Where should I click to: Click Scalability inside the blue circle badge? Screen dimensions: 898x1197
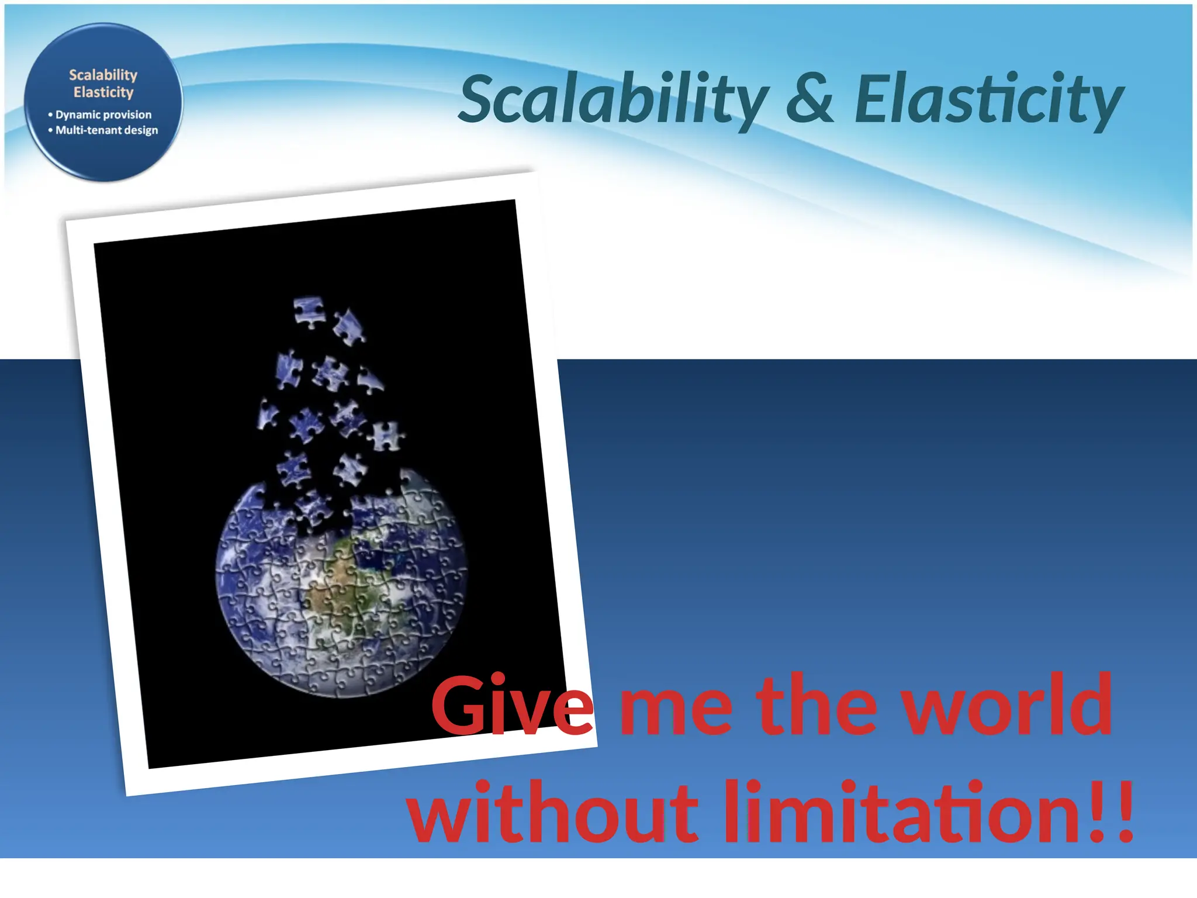click(x=103, y=75)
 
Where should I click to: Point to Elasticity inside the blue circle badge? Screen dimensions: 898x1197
click(x=103, y=92)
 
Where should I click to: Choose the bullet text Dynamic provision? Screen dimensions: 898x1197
click(x=103, y=115)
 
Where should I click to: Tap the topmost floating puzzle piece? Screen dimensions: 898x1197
click(x=309, y=311)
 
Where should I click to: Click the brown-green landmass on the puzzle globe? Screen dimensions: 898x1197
click(x=327, y=590)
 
